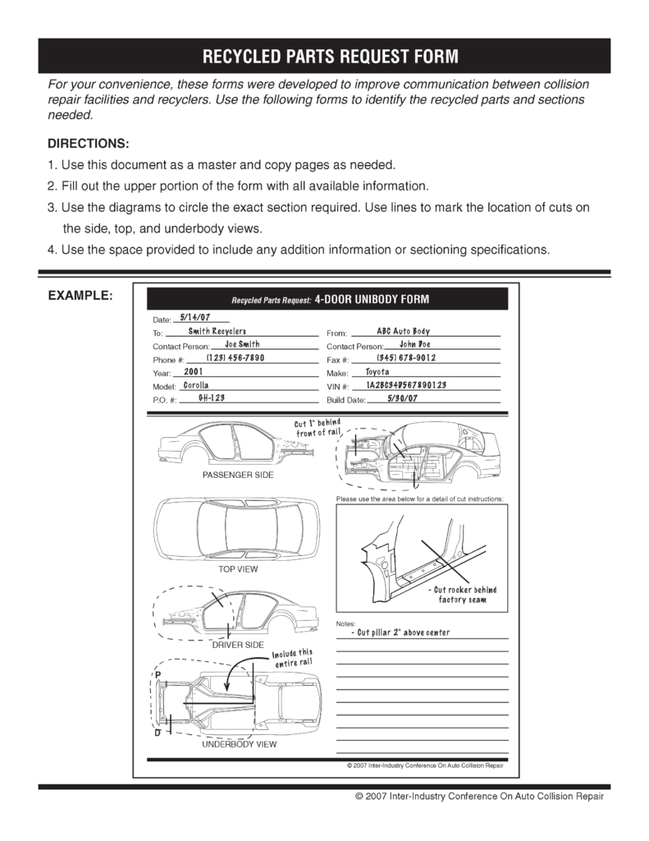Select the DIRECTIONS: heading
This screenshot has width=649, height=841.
click(x=89, y=142)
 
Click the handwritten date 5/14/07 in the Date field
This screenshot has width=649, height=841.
click(x=194, y=316)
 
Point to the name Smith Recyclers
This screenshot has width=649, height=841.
click(x=217, y=330)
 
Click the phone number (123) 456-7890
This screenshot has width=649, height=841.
click(x=235, y=358)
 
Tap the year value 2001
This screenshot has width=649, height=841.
click(x=194, y=372)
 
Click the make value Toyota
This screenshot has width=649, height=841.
click(x=377, y=372)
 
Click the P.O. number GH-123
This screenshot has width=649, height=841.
click(x=212, y=398)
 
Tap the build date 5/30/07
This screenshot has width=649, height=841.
click(x=402, y=398)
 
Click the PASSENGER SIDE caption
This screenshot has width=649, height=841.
click(x=238, y=475)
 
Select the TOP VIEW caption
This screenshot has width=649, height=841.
click(x=237, y=568)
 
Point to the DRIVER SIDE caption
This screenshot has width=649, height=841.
click(x=237, y=645)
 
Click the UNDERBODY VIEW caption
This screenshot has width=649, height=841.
click(x=240, y=744)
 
